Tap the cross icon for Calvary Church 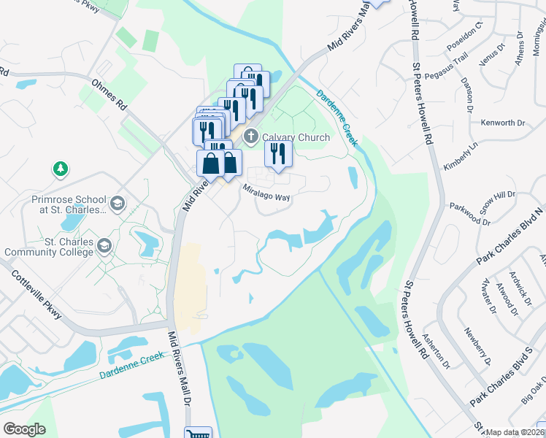(251, 137)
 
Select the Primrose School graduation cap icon (118, 202)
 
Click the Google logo (25, 429)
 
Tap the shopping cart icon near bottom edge (198, 434)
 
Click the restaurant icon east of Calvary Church (278, 152)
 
